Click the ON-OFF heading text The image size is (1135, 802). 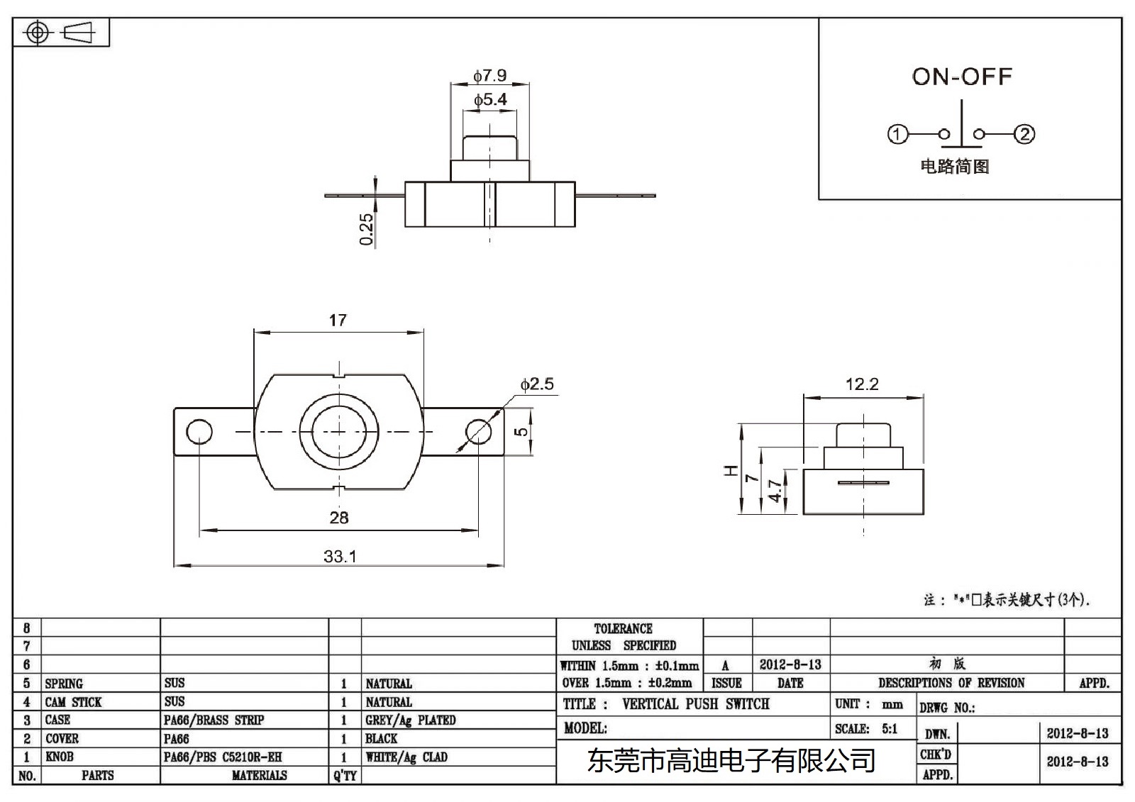pos(961,77)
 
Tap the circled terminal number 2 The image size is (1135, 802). pos(1024,134)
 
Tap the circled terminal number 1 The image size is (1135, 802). pos(898,134)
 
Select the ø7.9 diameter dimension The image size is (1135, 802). pos(489,75)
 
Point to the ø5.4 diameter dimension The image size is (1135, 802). pos(490,100)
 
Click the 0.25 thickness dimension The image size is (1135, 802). pos(367,229)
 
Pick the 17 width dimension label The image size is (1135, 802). pos(338,321)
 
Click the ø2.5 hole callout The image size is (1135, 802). pos(537,384)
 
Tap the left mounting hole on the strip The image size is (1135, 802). pos(199,431)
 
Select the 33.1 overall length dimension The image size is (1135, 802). pos(340,557)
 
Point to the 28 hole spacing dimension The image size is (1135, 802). pos(339,518)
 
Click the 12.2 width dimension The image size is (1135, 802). pos(862,384)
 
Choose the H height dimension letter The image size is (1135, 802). pos(731,470)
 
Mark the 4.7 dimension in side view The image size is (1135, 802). pos(775,491)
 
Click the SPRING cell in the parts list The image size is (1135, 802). pos(64,684)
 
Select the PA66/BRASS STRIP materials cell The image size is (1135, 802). pos(214,720)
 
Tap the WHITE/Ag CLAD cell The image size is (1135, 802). pos(406,757)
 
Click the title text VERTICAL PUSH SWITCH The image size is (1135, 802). pos(695,704)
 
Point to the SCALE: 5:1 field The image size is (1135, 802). pos(866,728)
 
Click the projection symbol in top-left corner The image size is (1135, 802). pos(61,33)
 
